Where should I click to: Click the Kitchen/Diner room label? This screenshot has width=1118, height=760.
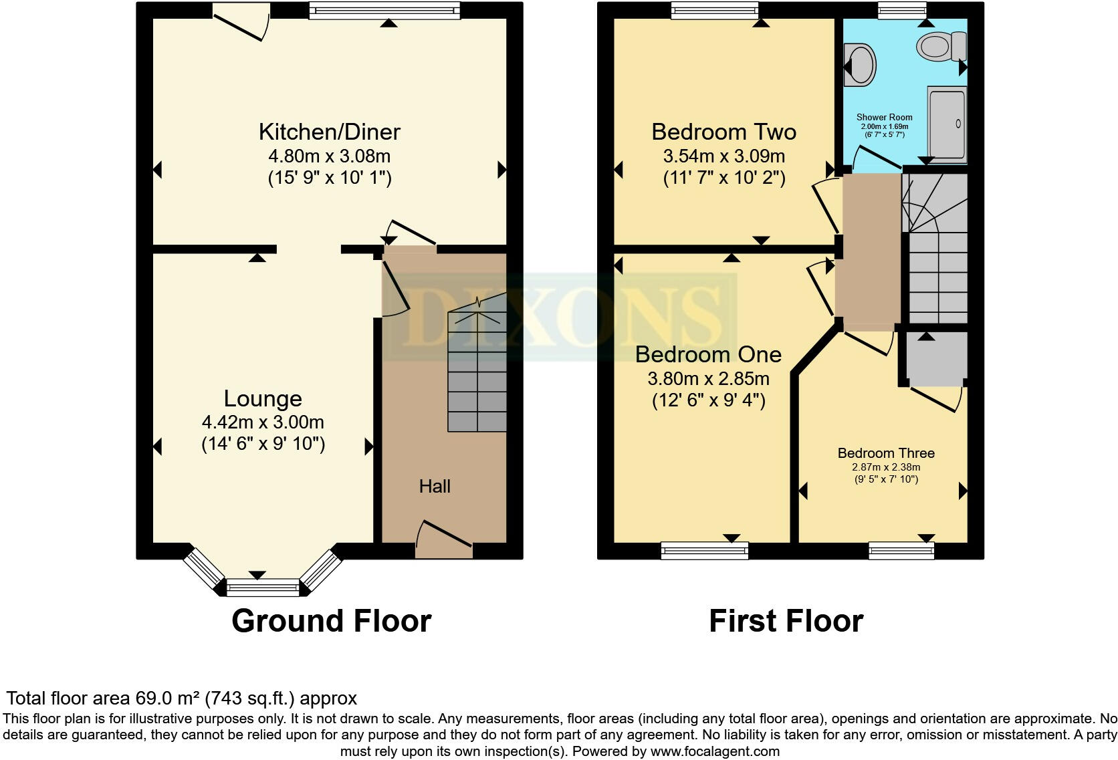pos(329,132)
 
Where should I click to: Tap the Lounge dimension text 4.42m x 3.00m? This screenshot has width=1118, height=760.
pos(263,422)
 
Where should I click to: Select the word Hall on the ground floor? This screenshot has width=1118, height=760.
pos(435,487)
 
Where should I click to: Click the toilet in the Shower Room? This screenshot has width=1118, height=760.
pos(941,47)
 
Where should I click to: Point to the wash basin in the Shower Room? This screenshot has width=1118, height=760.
pos(859,65)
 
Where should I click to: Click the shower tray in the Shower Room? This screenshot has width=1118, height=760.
pos(947,124)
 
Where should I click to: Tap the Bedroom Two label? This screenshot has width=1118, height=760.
pos(723,132)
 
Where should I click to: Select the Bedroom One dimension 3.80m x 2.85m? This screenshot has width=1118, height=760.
pos(708,379)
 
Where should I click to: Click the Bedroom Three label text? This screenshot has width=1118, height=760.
pos(886,453)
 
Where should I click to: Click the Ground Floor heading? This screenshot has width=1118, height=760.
pos(331,620)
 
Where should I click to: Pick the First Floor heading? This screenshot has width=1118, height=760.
pos(786,620)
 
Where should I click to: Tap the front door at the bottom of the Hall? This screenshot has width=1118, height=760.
pos(444,539)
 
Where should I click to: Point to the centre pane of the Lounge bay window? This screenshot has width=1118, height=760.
pos(262,588)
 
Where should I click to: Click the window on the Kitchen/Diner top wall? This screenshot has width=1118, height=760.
pos(386,9)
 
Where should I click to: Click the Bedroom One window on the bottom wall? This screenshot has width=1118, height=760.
pos(705,551)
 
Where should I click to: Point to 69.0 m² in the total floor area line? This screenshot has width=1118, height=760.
pos(166,699)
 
